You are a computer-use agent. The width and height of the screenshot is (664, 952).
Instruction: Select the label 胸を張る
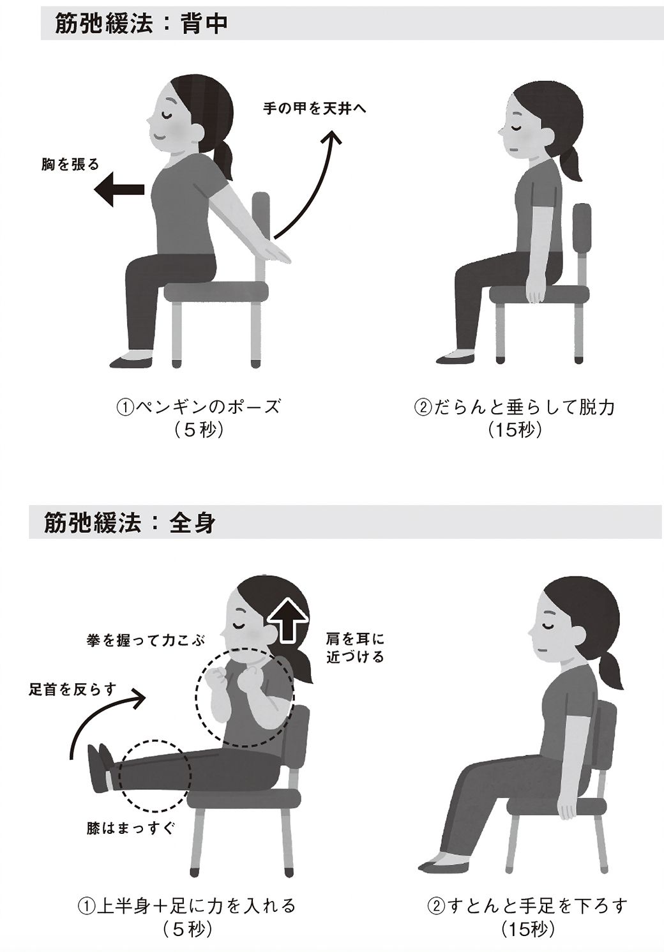[70, 165]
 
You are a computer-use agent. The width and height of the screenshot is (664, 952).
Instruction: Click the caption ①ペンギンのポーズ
[197, 406]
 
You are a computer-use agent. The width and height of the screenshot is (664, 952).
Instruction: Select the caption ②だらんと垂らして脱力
[514, 406]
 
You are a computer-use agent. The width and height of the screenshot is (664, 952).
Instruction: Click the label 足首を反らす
[73, 689]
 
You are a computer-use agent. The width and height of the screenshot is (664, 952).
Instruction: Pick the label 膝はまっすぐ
[130, 829]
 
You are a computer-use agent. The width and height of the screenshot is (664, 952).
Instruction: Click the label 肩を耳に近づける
[355, 647]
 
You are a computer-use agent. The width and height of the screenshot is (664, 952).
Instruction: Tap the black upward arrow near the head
[285, 619]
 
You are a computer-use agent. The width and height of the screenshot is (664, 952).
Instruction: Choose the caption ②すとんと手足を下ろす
[527, 905]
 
